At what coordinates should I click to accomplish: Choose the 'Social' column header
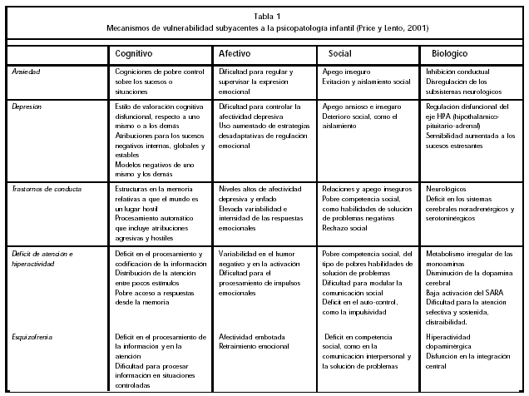[x=339, y=53]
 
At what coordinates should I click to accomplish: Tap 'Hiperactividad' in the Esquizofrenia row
[x=450, y=336]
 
